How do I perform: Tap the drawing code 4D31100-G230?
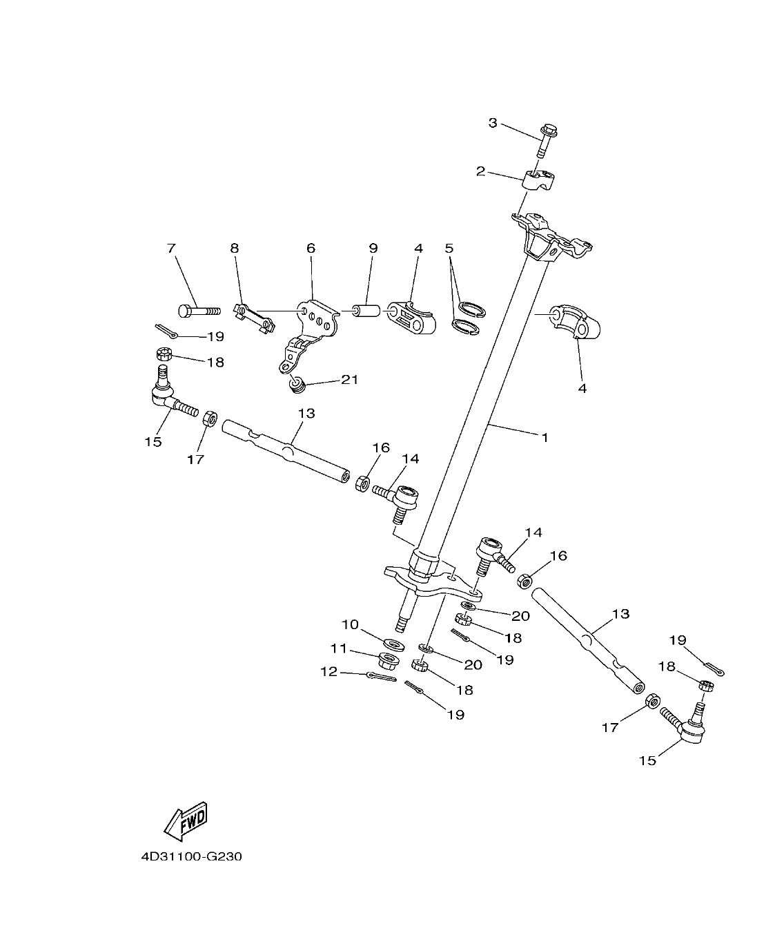point(191,857)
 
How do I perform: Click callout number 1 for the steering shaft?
point(545,438)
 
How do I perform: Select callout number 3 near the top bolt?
point(493,123)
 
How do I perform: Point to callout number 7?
point(171,248)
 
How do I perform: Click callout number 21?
point(350,380)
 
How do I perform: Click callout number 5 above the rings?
point(449,248)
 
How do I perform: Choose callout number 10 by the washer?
point(351,624)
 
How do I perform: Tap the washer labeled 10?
point(393,644)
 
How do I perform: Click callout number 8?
point(235,248)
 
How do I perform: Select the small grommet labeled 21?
point(296,384)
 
